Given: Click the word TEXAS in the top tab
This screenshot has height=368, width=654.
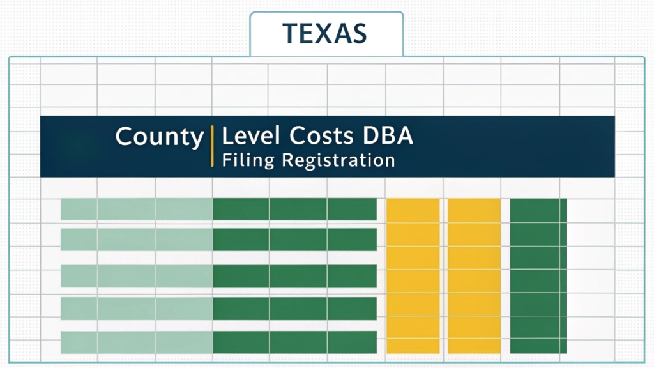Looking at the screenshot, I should click(x=325, y=33).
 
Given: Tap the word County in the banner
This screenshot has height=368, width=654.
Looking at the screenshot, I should click(x=159, y=137).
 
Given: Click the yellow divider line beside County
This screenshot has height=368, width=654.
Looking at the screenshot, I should click(x=212, y=146).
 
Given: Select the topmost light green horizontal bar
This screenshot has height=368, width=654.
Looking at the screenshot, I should click(x=137, y=209).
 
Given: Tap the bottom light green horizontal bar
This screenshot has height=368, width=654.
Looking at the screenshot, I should click(x=137, y=342).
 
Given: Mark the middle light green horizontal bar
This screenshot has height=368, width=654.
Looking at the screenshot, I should click(x=137, y=276).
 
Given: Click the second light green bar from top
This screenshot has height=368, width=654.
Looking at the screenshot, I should click(x=137, y=240).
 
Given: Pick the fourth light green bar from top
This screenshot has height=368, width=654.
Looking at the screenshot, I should click(x=137, y=309).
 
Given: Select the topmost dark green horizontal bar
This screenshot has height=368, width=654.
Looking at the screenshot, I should click(x=294, y=209).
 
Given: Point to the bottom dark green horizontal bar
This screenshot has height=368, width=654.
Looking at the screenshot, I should click(x=294, y=342).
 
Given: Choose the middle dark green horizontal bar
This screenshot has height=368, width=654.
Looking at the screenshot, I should click(x=294, y=276).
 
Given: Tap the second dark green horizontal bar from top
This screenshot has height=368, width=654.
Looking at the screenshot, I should click(x=294, y=240).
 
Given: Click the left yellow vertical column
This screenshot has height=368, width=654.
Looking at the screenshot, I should click(x=413, y=275).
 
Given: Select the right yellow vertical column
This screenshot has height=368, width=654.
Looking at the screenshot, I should click(x=474, y=275).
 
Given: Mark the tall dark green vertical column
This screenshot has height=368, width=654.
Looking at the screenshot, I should click(x=538, y=275).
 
